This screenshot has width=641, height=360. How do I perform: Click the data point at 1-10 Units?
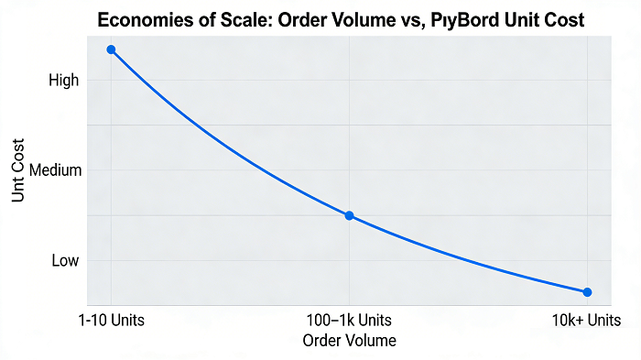(111, 49)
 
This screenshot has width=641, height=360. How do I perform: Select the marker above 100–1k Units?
(349, 215)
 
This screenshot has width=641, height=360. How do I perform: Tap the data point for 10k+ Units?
(587, 292)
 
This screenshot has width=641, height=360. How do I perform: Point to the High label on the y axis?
(64, 81)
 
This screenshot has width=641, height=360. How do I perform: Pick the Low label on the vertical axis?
(65, 260)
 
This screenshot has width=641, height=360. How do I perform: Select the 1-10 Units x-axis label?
(111, 321)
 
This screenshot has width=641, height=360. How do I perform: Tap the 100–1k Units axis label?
(349, 321)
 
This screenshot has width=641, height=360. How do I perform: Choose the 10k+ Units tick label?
(587, 321)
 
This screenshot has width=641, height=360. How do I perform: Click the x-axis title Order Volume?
(349, 341)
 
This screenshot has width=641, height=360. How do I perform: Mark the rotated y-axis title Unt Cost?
(17, 170)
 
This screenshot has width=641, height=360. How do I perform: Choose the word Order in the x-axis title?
(320, 341)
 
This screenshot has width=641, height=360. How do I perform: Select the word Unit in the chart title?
(516, 19)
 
